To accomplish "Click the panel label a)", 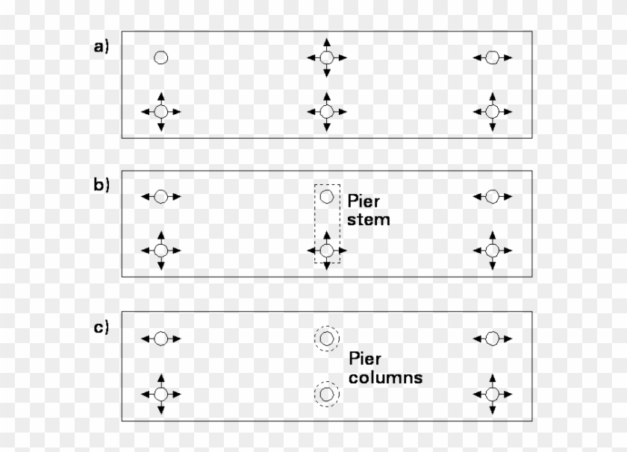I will tap(102, 47).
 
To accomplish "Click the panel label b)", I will tap(102, 184).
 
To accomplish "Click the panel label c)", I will tap(102, 326).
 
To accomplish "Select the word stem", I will tap(369, 220).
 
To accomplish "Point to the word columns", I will tap(385, 377).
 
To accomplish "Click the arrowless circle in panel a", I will tap(160, 57).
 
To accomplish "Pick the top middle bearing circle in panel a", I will tap(326, 57).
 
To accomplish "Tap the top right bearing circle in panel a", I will tap(492, 57).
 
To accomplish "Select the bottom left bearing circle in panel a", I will tap(160, 112).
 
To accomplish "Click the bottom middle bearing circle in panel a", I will tap(326, 112).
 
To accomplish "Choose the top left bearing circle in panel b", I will tap(160, 197).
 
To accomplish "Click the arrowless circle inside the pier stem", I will tap(326, 197).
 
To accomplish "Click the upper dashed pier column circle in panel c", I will tap(326, 339).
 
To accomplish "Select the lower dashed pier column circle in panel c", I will tap(326, 392).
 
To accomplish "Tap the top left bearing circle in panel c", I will tap(160, 339).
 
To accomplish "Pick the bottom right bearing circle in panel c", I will tap(492, 392).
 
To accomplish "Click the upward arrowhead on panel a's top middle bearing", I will tap(326, 42).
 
